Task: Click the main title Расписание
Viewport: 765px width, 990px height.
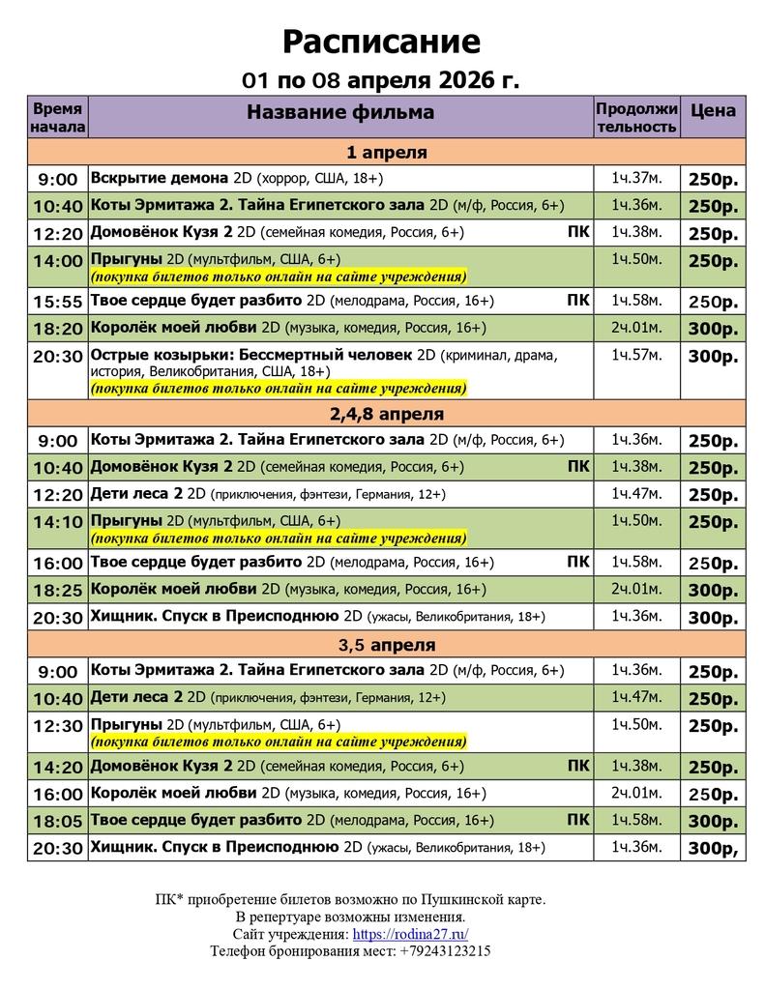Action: coord(381,42)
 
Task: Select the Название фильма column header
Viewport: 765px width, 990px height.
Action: coord(340,112)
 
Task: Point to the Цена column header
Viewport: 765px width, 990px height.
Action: coord(713,110)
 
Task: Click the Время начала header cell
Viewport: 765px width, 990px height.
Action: coord(57,117)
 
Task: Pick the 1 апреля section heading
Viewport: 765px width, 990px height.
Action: coord(386,153)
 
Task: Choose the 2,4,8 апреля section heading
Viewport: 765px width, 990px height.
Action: coord(386,414)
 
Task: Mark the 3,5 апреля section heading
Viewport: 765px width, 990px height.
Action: coord(386,644)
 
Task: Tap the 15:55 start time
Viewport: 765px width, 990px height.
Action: coord(57,302)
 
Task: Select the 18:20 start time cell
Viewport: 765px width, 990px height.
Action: coord(57,329)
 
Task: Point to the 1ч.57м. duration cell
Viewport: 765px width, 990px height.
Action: coord(636,355)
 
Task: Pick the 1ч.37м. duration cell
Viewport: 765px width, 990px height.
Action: coord(636,179)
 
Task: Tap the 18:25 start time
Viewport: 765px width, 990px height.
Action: coord(57,590)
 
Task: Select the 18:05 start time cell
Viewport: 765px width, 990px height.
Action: coord(57,822)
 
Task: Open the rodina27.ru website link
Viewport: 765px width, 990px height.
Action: coord(411,934)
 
